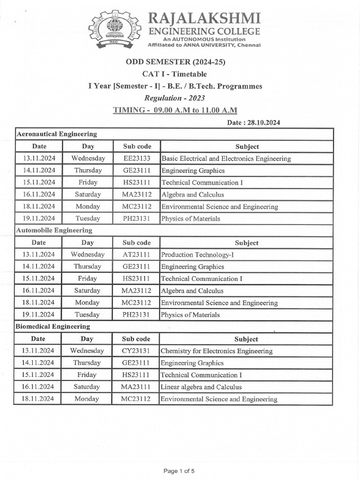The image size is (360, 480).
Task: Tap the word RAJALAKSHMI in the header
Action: tap(204, 19)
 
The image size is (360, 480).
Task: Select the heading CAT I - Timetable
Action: tap(174, 74)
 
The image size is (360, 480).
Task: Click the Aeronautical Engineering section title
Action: tap(57, 134)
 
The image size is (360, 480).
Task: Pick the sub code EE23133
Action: tap(136, 158)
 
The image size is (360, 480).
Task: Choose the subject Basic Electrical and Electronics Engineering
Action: tap(226, 158)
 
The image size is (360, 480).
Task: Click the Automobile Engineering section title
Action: tap(54, 230)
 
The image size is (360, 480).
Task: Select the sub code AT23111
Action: tap(136, 255)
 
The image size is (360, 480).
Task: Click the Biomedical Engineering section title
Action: tap(53, 326)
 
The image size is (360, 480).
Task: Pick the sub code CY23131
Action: tap(136, 351)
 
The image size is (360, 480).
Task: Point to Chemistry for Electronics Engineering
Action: tap(216, 351)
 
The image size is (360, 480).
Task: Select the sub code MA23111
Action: tap(136, 387)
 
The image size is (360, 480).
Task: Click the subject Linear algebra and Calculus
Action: tap(201, 387)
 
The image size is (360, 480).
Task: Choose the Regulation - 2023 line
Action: tap(174, 98)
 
